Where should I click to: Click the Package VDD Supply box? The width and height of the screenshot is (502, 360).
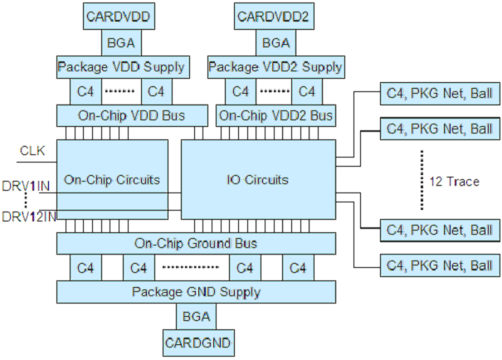point(122,66)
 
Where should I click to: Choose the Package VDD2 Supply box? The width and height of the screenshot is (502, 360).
point(275,66)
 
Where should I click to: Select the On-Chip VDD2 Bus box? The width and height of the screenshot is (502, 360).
point(275,115)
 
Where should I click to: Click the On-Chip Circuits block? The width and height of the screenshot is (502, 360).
point(112,179)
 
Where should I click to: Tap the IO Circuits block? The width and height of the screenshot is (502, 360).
point(259,179)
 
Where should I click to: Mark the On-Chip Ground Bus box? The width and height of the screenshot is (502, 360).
point(196,243)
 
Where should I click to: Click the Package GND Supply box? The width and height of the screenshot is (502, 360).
point(196,292)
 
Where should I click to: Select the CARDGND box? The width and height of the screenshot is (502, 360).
point(196,342)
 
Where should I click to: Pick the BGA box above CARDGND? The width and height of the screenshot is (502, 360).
point(196,317)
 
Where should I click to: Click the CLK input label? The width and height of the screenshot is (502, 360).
point(33,150)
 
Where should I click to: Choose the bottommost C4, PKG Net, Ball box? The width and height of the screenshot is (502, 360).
point(437,266)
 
